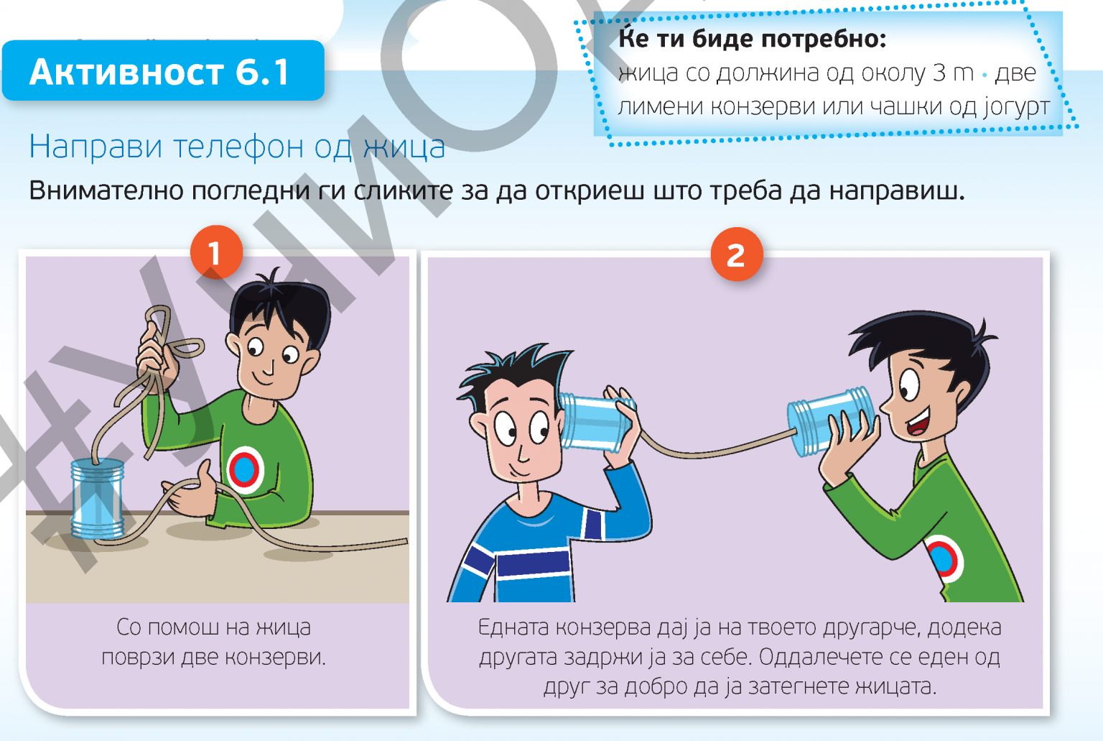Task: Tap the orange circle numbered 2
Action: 737,254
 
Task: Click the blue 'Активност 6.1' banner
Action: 163,71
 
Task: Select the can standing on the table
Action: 98,499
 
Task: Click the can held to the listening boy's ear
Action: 595,422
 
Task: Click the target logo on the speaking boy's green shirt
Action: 942,559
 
